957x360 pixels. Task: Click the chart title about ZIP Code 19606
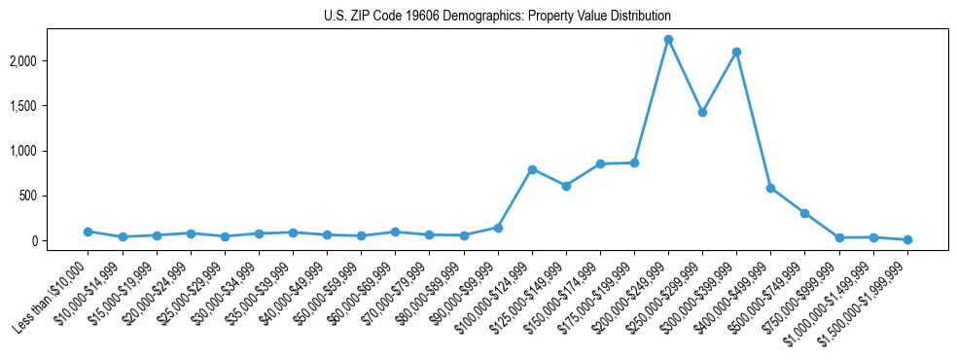(x=497, y=17)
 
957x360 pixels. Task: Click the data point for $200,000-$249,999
(x=668, y=40)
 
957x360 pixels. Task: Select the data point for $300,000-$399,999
(x=736, y=52)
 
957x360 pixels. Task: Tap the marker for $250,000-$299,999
(x=702, y=112)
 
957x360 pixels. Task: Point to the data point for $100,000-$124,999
(x=532, y=169)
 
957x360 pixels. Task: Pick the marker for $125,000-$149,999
(x=566, y=186)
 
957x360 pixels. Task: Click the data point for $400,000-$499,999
(x=770, y=188)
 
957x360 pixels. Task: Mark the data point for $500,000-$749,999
(x=804, y=213)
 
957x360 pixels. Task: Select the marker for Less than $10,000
(x=88, y=232)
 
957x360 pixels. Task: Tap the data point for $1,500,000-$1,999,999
(x=907, y=239)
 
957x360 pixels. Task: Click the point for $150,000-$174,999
(x=600, y=163)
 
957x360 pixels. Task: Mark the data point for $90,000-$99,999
(x=498, y=228)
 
